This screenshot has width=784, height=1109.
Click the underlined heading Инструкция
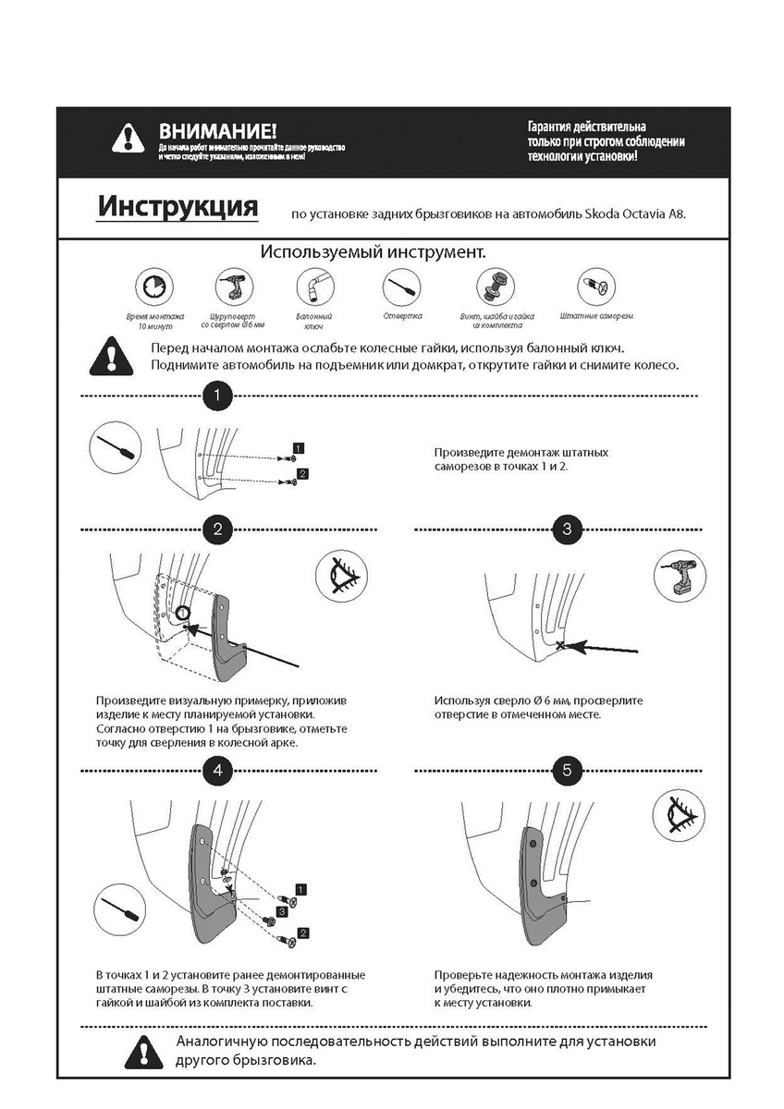tap(178, 205)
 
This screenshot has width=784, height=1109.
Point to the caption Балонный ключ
tap(314, 321)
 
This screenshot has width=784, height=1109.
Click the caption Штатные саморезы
tap(596, 316)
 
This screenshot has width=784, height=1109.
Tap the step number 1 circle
tap(216, 396)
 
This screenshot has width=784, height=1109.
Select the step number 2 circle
tap(216, 530)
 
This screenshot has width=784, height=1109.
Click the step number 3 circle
tap(567, 530)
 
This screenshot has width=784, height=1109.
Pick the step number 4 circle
tap(216, 769)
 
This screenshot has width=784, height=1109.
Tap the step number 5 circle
tap(567, 769)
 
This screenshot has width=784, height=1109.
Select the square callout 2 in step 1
tap(301, 474)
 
